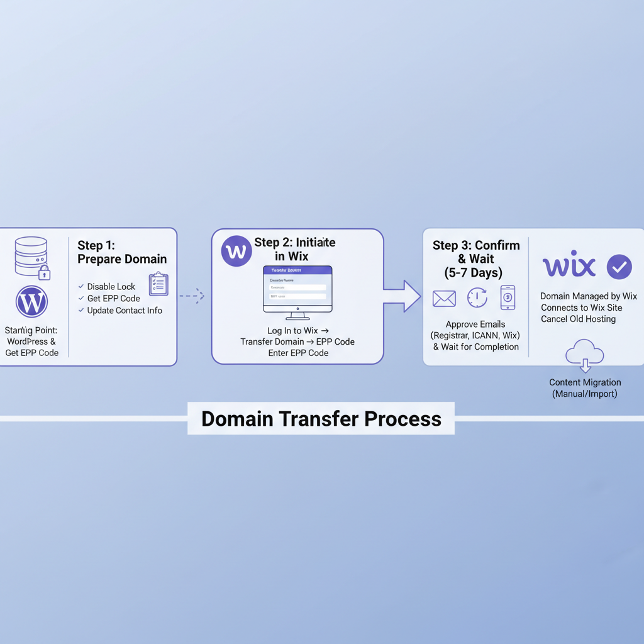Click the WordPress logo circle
(x=31, y=303)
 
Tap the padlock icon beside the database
(x=43, y=272)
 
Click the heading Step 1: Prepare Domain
(x=122, y=252)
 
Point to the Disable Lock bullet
(x=111, y=287)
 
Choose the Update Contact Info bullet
(x=124, y=311)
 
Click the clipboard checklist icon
(x=158, y=284)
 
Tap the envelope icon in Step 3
(x=444, y=299)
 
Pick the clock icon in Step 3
(x=477, y=298)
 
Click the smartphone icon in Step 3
(x=508, y=297)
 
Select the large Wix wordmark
(x=569, y=266)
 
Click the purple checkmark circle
(x=619, y=267)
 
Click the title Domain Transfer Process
(x=321, y=419)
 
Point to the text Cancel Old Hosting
(x=578, y=319)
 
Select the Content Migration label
(x=585, y=382)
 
